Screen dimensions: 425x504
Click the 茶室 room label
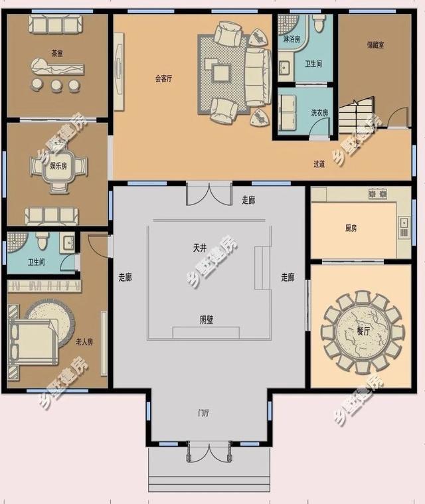[x=57, y=53]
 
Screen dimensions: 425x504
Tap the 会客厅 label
[x=163, y=78]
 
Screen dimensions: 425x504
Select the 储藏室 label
[x=375, y=45]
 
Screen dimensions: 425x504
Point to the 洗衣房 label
[x=319, y=113]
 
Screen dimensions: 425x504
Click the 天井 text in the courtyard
[x=200, y=248]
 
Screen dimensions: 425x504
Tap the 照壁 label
[x=207, y=320]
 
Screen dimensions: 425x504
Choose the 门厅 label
[x=204, y=413]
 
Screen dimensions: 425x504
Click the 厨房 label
[x=351, y=228]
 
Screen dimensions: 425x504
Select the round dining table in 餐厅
[x=363, y=332]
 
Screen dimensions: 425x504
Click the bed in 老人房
[x=33, y=343]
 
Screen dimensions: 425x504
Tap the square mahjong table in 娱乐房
[x=58, y=166]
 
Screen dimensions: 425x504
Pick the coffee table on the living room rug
[x=221, y=73]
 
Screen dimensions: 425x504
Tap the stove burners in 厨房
[x=378, y=194]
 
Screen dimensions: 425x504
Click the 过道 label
[x=319, y=164]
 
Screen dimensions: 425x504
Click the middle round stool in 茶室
[x=56, y=85]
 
